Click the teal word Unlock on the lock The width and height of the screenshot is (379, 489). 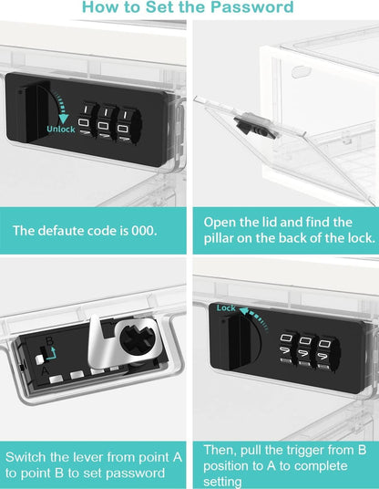61,129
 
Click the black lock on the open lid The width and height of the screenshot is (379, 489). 249,121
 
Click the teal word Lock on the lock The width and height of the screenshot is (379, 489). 226,308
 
